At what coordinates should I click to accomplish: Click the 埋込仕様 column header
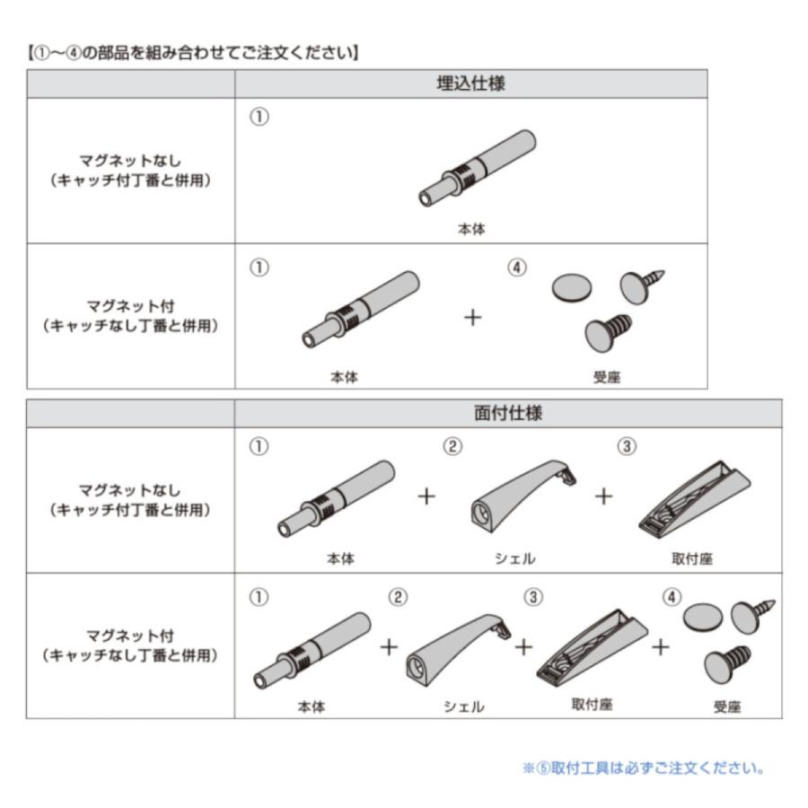(470, 84)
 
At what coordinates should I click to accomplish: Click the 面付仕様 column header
(507, 414)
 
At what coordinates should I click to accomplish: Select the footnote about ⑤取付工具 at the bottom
(643, 768)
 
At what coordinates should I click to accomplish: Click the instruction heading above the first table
(192, 52)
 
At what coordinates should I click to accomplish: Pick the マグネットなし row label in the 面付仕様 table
(130, 500)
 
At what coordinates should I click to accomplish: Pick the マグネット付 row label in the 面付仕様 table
(130, 646)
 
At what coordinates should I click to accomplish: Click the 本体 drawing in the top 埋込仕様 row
(478, 168)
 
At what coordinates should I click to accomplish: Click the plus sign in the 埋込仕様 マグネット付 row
(472, 318)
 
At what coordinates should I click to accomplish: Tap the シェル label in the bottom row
(463, 707)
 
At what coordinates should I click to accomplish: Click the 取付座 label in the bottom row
(592, 705)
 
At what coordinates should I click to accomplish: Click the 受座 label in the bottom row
(727, 707)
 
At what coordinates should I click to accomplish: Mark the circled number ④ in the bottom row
(671, 597)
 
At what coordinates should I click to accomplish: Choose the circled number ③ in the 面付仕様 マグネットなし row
(628, 446)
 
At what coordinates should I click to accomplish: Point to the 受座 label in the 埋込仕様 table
(606, 377)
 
